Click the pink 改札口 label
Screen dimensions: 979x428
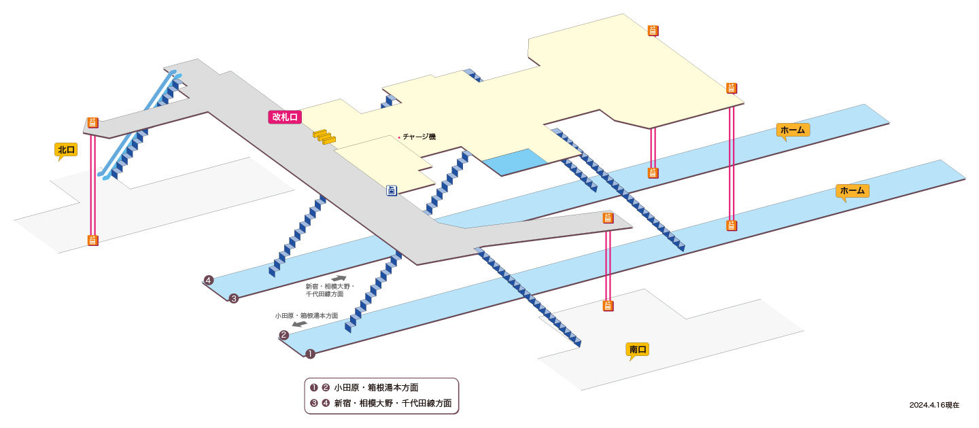pos(284,117)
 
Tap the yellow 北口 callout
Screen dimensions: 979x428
pos(66,149)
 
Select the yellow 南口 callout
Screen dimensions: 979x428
pos(637,349)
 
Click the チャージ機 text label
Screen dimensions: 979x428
pos(419,137)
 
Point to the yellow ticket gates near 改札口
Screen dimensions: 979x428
pos(324,137)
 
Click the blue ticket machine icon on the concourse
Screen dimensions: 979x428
pos(392,190)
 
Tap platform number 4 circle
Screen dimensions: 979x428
pos(209,280)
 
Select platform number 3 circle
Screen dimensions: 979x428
pos(234,299)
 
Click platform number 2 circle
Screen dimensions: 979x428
pos(284,335)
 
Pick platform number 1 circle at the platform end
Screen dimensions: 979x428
pos(310,354)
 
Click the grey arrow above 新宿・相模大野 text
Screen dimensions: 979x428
pos(339,278)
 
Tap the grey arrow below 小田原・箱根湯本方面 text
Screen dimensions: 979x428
pos(299,324)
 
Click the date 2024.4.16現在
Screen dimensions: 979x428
pos(934,405)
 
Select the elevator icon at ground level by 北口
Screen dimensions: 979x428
pos(92,240)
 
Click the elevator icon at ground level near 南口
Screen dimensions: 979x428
pos(608,306)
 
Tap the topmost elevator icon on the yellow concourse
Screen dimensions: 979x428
pos(653,31)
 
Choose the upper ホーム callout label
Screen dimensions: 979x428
pos(793,130)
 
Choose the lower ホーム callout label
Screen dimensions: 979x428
pos(853,191)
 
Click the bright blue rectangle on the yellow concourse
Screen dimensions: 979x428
pos(515,162)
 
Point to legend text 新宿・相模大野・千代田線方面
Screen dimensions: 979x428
pos(393,403)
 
